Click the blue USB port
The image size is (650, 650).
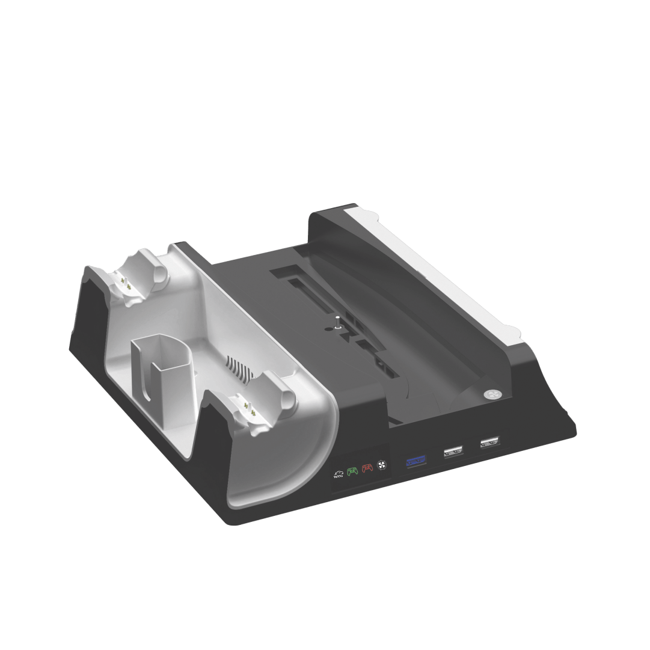(415, 462)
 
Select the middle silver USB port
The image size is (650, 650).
(452, 450)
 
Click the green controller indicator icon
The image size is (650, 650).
(352, 471)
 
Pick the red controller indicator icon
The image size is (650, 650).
(367, 468)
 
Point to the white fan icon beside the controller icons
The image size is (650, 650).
(381, 465)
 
